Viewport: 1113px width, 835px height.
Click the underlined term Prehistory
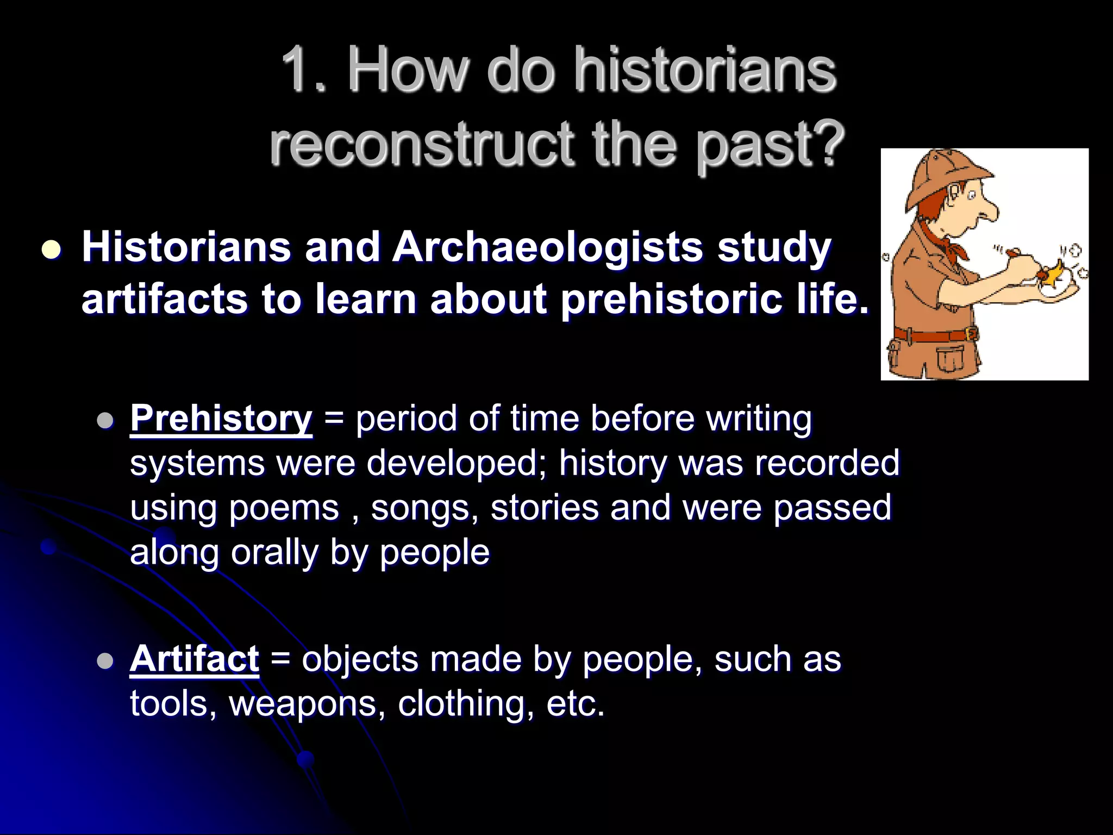point(221,419)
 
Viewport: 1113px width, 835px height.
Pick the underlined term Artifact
point(194,659)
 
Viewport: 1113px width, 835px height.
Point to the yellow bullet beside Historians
point(52,250)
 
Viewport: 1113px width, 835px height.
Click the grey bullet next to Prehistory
point(104,421)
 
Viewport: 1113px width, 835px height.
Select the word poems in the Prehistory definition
point(284,508)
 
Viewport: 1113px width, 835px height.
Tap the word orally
point(274,552)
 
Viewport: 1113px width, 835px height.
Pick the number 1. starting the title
point(304,70)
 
